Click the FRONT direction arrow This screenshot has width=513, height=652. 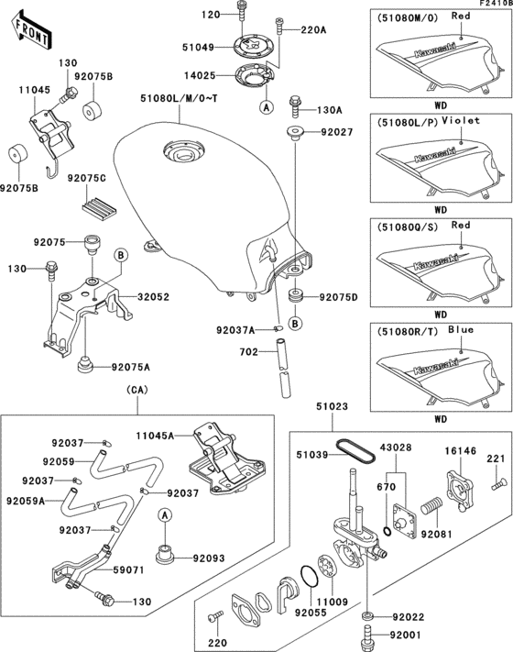pos(31,30)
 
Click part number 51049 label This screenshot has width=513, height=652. pos(198,48)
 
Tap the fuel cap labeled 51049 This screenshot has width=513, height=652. pos(252,48)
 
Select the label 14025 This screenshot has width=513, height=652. pos(200,76)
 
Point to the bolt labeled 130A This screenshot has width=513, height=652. pos(296,106)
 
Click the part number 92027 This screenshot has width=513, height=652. pos(336,132)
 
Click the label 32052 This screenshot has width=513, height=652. pos(153,297)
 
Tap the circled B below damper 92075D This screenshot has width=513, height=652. pos(295,324)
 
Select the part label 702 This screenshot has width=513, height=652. pos(249,352)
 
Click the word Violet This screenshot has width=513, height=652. pos(461,120)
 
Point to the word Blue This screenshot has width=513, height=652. pos(461,330)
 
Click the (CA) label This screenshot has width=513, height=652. pos(137,390)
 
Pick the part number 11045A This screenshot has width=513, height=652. pos(155,436)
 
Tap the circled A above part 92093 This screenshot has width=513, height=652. pos(165,515)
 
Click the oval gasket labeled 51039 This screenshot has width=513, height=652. pos(355,451)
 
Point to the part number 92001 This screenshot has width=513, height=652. pos(406,635)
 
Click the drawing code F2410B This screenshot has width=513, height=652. pos(496,4)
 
